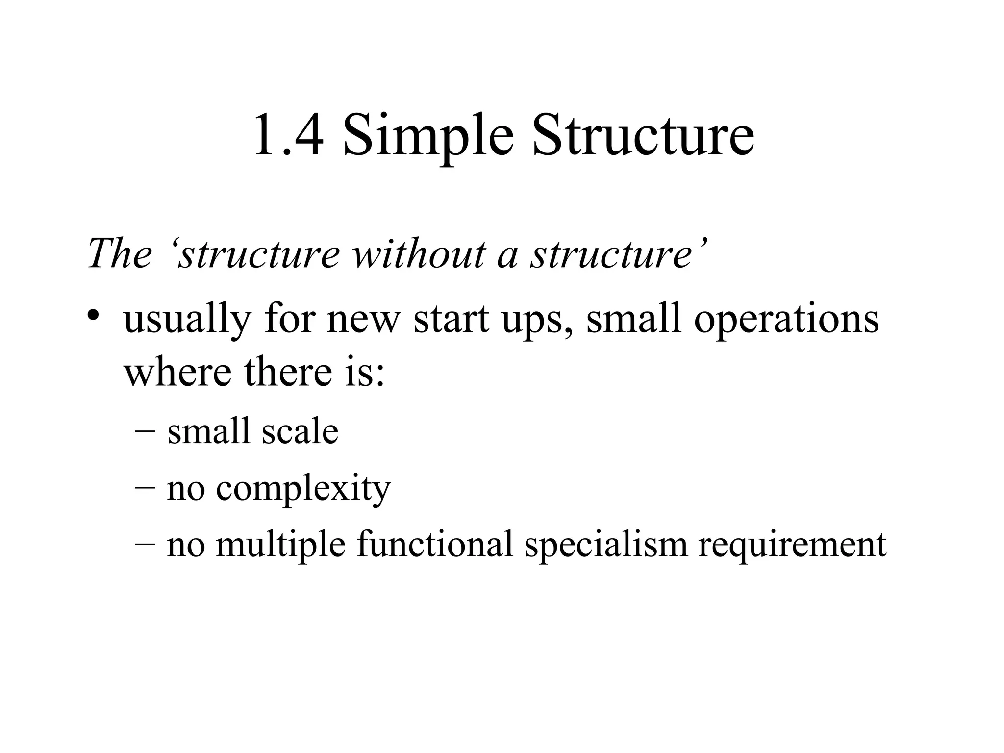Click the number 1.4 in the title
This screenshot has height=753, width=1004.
point(288,135)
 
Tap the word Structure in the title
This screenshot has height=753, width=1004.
point(643,135)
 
